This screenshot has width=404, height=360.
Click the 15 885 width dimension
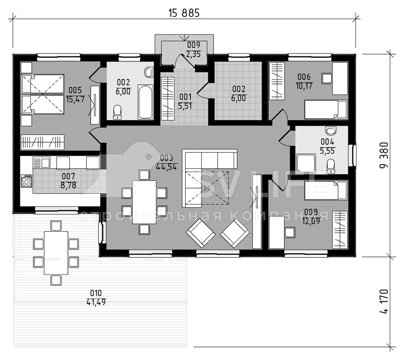pyautogui.click(x=184, y=13)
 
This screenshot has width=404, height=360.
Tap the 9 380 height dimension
pyautogui.click(x=384, y=156)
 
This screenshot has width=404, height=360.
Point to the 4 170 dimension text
pyautogui.click(x=384, y=301)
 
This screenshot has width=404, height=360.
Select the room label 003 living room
pyautogui.click(x=166, y=158)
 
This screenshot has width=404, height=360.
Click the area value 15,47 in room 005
pyautogui.click(x=75, y=99)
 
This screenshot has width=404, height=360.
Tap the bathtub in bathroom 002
pyautogui.click(x=145, y=101)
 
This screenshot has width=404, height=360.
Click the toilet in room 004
pyautogui.click(x=331, y=166)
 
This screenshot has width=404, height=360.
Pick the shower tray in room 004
pyautogui.click(x=306, y=163)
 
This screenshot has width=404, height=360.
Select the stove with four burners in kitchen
pyautogui.click(x=26, y=181)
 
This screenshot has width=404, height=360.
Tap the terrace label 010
pyautogui.click(x=96, y=293)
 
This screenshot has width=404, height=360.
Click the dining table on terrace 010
pyautogui.click(x=56, y=253)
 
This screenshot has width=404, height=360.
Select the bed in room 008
pyautogui.click(x=325, y=190)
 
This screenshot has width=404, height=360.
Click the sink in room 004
pyautogui.click(x=331, y=131)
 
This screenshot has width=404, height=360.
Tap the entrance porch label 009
pyautogui.click(x=194, y=45)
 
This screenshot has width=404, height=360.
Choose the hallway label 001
pyautogui.click(x=185, y=97)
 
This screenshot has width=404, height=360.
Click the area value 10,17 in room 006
pyautogui.click(x=304, y=86)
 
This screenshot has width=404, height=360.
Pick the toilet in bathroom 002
pyautogui.click(x=118, y=112)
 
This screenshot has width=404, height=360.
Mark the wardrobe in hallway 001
pyautogui.click(x=168, y=99)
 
